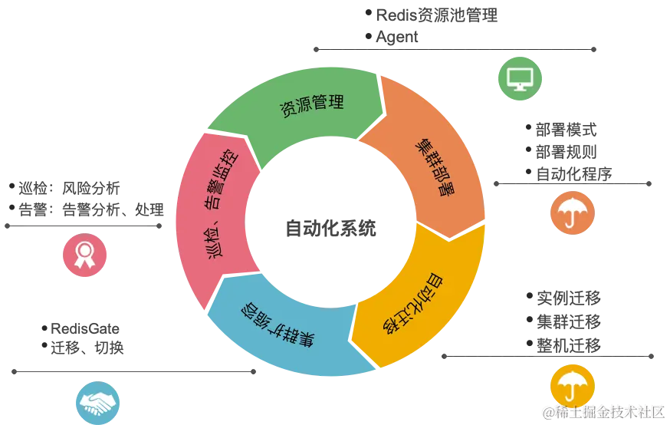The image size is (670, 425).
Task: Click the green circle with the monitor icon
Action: point(521,78)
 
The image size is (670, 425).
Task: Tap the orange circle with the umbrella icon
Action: point(572,212)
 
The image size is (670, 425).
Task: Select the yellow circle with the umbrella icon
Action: point(572,384)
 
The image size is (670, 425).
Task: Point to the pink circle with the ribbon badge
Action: point(85,255)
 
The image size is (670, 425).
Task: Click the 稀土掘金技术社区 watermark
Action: point(602,413)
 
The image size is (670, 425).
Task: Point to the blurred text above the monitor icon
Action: point(437,25)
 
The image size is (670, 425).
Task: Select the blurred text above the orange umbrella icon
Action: point(565,150)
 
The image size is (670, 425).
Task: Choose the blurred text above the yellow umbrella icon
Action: point(567,322)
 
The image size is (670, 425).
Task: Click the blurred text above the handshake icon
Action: point(88,338)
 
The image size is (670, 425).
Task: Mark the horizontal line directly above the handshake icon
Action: point(130,371)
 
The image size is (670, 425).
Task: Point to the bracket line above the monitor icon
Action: point(456,49)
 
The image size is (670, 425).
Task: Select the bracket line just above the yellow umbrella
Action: point(550,355)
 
